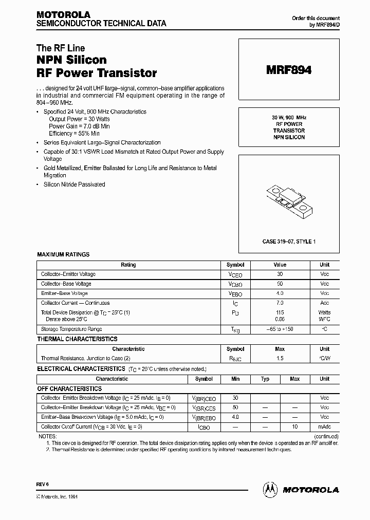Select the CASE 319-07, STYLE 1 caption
(x=289, y=241)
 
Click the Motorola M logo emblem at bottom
(x=271, y=489)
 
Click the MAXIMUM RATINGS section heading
(x=63, y=254)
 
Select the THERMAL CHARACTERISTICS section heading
(x=77, y=339)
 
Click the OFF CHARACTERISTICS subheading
(x=69, y=389)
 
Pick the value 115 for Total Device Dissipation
(x=280, y=312)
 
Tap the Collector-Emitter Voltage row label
(x=68, y=274)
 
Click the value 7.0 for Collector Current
(x=280, y=303)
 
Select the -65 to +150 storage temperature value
(x=280, y=329)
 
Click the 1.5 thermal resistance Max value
(x=280, y=358)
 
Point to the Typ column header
(x=265, y=379)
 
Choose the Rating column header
(x=128, y=265)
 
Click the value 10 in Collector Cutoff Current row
(x=295, y=426)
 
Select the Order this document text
(x=316, y=18)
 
